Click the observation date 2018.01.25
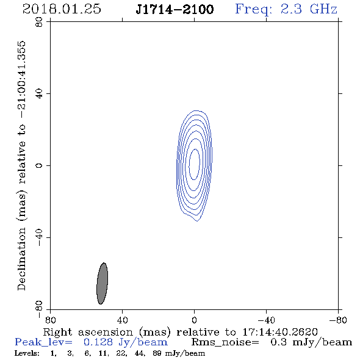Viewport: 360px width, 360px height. (x=62, y=9)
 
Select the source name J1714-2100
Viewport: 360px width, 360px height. (x=175, y=9)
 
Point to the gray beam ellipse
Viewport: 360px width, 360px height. (x=102, y=284)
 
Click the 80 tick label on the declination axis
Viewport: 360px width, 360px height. (x=39, y=22)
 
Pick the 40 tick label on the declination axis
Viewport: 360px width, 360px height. (x=39, y=94)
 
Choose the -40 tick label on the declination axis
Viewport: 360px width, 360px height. (x=39, y=237)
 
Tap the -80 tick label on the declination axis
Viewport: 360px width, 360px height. (x=39, y=309)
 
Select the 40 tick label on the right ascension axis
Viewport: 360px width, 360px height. (x=122, y=320)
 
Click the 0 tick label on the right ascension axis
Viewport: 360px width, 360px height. (x=194, y=320)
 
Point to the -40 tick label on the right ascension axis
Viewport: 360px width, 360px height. (x=266, y=320)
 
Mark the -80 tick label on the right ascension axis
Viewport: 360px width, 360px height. (x=338, y=320)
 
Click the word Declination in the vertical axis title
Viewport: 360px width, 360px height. (x=21, y=259)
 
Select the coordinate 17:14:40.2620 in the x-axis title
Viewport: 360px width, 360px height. (x=280, y=332)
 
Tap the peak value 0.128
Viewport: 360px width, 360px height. (x=98, y=342)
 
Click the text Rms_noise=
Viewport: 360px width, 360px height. (x=225, y=342)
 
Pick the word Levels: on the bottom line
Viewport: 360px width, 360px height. (x=27, y=353)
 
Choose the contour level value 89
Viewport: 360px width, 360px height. (x=157, y=353)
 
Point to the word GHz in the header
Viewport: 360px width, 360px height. (x=323, y=9)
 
